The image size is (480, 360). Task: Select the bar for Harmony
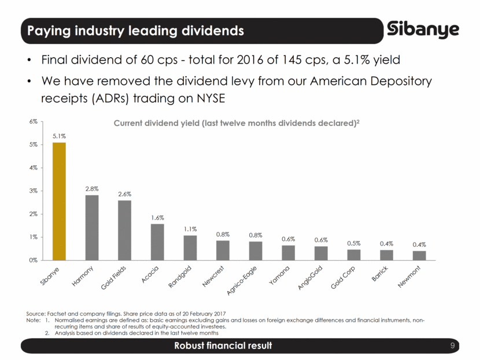click(92, 228)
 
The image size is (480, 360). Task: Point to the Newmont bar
click(419, 255)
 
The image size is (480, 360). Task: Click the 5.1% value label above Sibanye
click(59, 136)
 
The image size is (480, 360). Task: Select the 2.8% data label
click(92, 188)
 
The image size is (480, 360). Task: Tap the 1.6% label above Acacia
click(157, 217)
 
